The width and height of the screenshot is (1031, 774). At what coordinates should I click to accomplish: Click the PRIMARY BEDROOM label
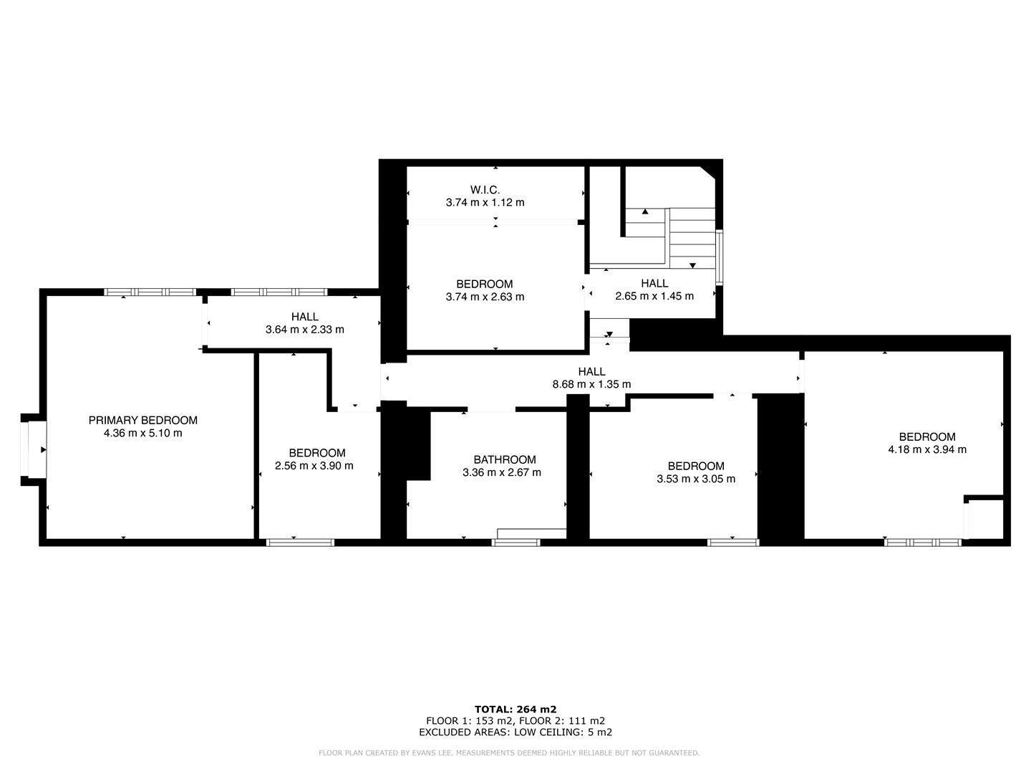coord(142,420)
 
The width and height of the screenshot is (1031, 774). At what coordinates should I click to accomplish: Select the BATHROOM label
coord(504,459)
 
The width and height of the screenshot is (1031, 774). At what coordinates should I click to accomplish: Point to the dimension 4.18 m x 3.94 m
coord(927,449)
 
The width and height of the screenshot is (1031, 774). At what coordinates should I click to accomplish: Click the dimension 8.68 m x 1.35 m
coord(591,384)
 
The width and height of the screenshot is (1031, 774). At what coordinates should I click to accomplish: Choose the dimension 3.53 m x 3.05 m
coord(695,479)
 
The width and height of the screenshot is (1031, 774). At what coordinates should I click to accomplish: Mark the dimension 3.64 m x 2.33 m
coord(304,330)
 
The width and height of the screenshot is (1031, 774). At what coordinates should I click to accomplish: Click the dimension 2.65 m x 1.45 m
coord(654,296)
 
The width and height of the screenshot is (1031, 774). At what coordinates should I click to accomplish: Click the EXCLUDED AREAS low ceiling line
coord(515,732)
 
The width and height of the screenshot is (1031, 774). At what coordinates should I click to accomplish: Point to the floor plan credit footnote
coord(508,752)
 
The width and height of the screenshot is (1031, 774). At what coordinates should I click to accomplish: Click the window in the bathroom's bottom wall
coord(515,543)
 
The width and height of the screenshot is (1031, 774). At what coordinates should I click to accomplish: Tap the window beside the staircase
coord(719,257)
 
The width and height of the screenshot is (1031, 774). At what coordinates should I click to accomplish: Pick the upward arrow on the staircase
coord(645,211)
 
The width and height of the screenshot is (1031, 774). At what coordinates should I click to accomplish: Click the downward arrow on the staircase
coord(692,266)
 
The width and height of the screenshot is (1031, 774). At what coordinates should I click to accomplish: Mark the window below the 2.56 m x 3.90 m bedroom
coord(300,543)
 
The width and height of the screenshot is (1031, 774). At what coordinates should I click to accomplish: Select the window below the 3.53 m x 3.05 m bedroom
coord(732,543)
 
